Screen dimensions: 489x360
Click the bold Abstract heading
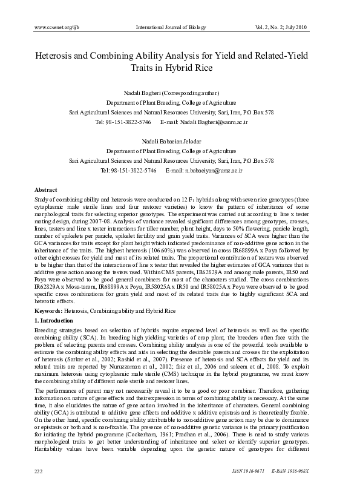[x=46, y=189]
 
